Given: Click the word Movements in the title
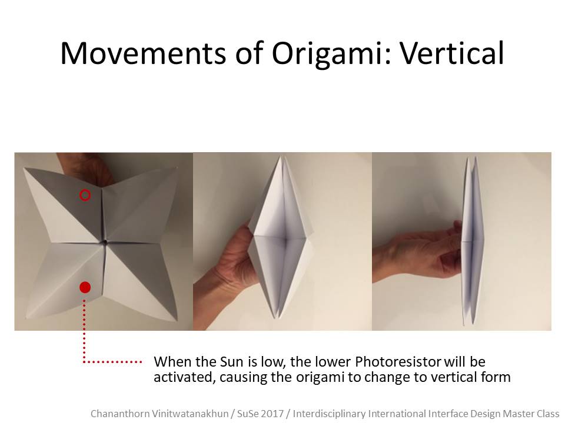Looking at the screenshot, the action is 143,53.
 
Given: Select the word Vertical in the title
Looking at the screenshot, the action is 452,53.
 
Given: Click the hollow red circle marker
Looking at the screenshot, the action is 85,195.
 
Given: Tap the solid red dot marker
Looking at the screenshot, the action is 85,287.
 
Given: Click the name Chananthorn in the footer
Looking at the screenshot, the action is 119,413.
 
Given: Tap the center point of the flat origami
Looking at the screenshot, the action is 105,243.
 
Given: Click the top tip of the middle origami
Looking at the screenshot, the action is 280,156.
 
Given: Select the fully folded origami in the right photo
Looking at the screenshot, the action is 473,240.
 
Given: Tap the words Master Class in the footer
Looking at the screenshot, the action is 531,413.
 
